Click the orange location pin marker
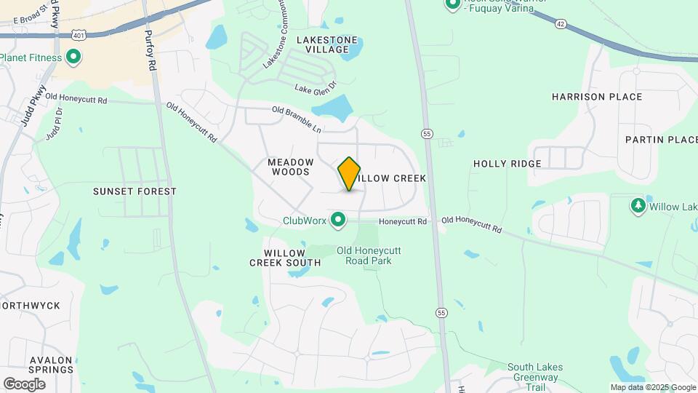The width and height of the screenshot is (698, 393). click(349, 174)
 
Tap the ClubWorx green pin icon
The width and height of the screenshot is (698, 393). click(337, 219)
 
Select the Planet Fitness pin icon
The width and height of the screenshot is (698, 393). click(73, 56)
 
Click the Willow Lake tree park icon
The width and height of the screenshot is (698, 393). click(638, 206)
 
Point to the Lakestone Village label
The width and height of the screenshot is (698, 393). click(327, 44)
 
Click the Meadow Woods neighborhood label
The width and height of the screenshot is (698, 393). click(291, 167)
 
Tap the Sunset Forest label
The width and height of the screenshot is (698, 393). click(135, 191)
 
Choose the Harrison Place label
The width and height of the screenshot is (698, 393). click(597, 97)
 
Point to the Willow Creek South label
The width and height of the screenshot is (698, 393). click(285, 258)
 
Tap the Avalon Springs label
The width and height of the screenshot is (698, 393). click(51, 365)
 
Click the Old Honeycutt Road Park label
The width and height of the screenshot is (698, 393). click(374, 255)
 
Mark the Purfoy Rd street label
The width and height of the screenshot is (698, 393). click(151, 55)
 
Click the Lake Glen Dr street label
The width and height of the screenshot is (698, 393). click(316, 88)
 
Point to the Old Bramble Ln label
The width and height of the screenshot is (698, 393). click(296, 119)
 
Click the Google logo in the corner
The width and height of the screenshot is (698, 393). click(24, 384)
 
